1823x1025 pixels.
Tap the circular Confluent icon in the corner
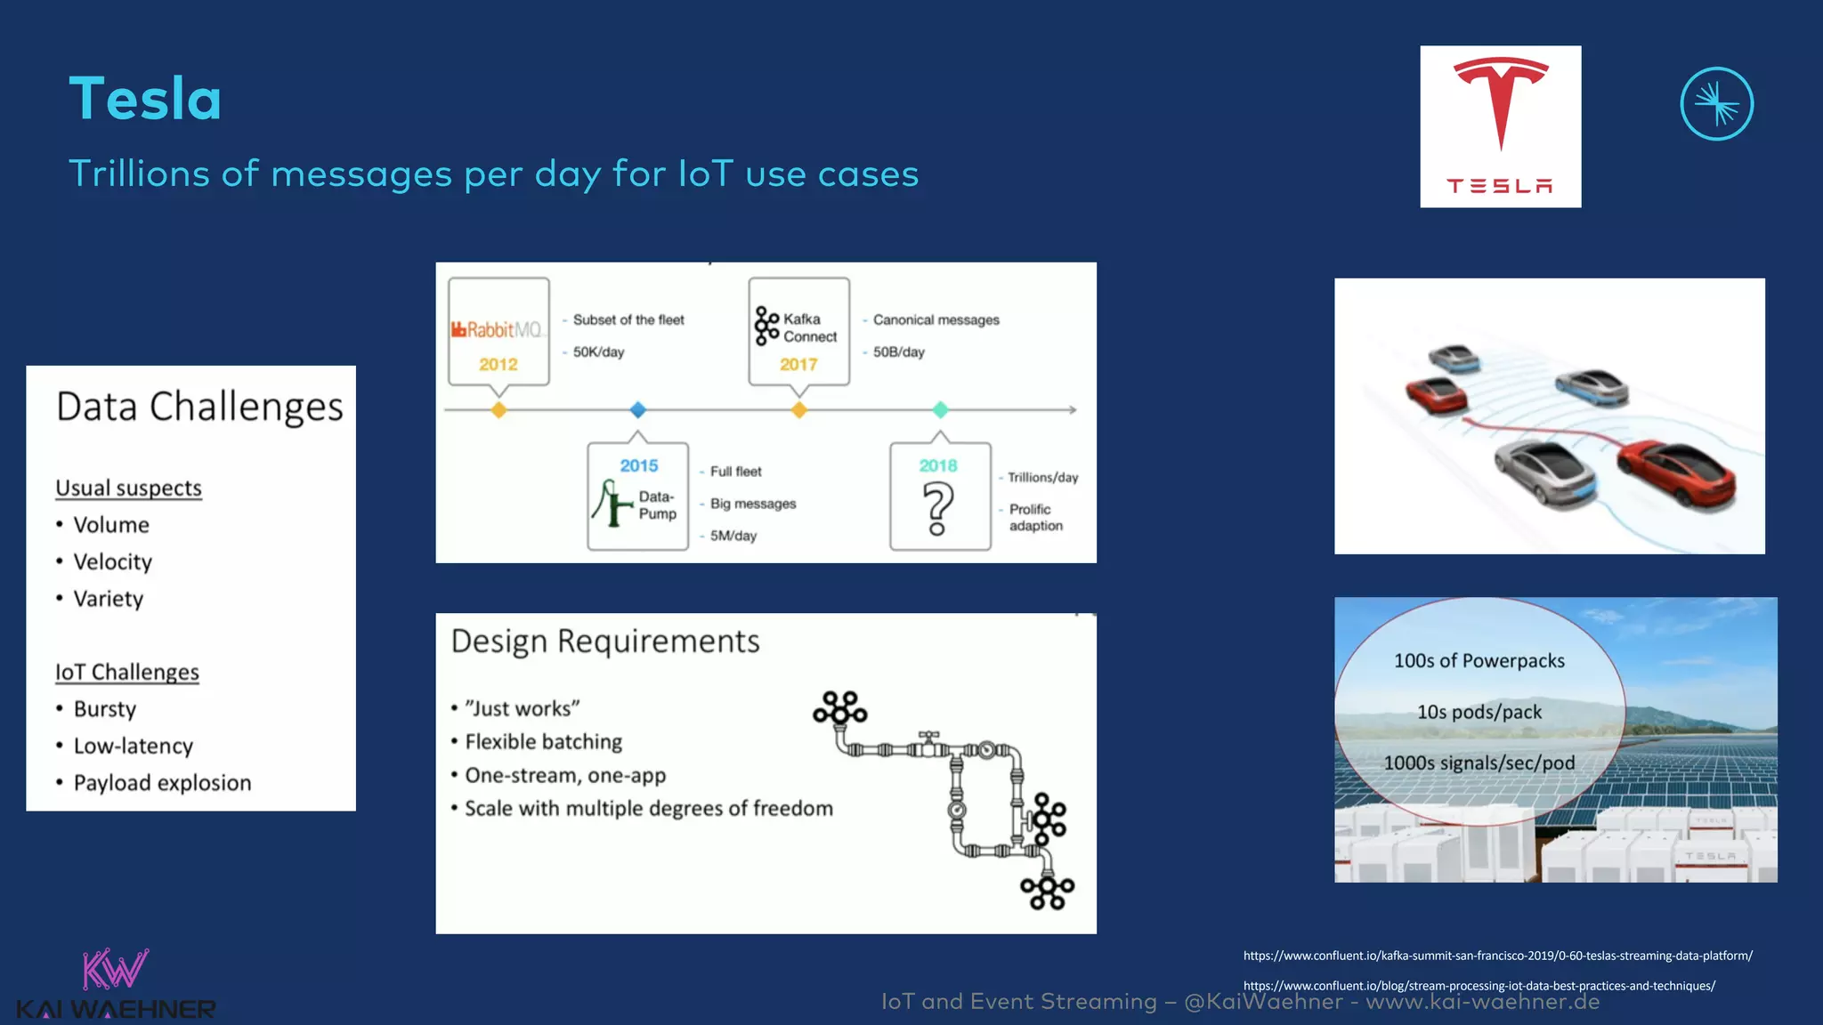tap(1716, 104)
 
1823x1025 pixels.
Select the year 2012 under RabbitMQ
tap(498, 364)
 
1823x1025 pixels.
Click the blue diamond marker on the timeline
tap(637, 410)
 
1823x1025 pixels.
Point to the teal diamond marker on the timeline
tap(940, 410)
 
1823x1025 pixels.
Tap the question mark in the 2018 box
tap(937, 508)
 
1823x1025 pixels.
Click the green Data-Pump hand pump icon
tap(611, 504)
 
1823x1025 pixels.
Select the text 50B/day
tap(898, 352)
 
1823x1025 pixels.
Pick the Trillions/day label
tap(1042, 478)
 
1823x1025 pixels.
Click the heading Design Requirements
tap(605, 642)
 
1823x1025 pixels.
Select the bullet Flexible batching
tap(543, 742)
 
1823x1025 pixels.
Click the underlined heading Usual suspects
tap(128, 488)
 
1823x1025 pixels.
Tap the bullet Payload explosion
tap(162, 783)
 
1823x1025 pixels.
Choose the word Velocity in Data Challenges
tap(112, 562)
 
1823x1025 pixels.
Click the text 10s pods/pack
tap(1479, 712)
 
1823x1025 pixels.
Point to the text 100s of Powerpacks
tap(1479, 661)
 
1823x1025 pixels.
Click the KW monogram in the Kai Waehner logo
tap(114, 969)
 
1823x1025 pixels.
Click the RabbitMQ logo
tap(497, 330)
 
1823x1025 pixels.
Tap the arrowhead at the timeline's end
tap(1073, 410)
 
